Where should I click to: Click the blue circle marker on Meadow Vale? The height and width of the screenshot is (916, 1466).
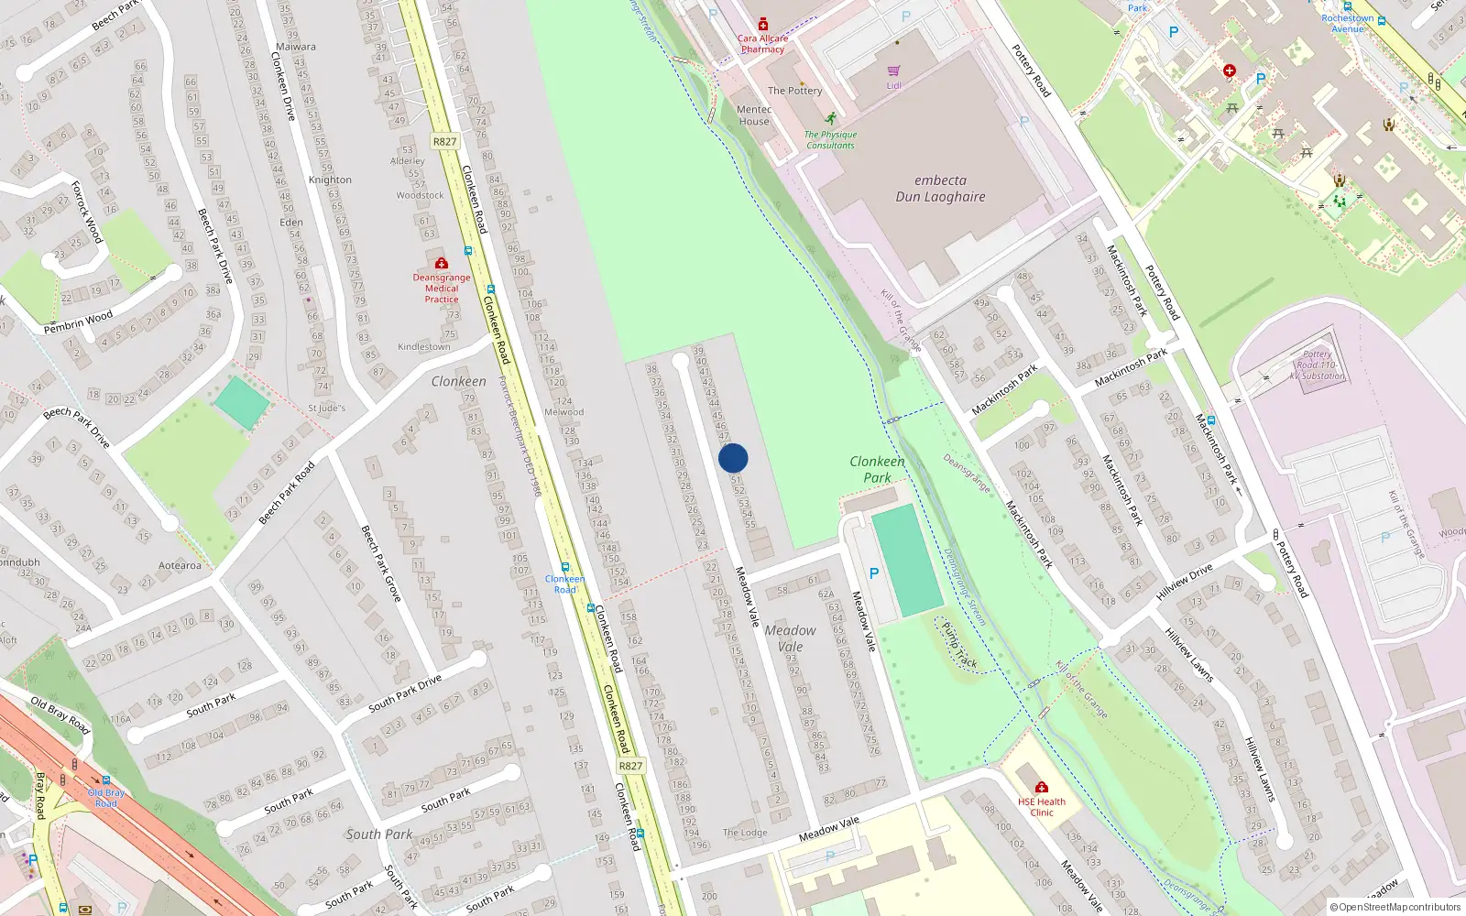tap(733, 458)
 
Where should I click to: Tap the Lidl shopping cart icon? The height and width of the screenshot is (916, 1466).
tap(893, 71)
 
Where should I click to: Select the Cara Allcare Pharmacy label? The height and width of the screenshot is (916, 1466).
tap(762, 44)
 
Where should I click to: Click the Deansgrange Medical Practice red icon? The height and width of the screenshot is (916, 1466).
tap(441, 263)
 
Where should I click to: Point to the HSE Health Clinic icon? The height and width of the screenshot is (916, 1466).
tap(1041, 787)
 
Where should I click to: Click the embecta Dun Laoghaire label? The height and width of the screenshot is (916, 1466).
tap(940, 189)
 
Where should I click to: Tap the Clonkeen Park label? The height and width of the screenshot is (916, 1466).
tap(877, 469)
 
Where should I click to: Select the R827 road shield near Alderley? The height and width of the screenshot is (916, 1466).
tap(444, 141)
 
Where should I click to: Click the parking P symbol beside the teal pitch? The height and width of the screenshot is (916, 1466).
tap(873, 573)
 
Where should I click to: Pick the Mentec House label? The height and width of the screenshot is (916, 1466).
tap(754, 115)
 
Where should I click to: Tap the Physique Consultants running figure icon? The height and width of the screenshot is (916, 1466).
tap(830, 119)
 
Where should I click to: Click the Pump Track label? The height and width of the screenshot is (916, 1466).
tap(959, 646)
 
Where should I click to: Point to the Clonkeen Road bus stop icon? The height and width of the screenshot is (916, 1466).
tap(564, 568)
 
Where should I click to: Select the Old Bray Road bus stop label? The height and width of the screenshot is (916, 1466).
tap(106, 798)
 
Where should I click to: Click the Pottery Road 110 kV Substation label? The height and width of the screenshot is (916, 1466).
tap(1318, 365)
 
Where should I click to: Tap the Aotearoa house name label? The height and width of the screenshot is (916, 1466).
tap(180, 565)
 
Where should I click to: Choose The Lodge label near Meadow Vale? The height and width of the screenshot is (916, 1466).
tap(745, 833)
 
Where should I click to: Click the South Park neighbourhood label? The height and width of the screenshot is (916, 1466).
tap(378, 834)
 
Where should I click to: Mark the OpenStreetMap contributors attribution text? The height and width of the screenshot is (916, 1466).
tap(1395, 907)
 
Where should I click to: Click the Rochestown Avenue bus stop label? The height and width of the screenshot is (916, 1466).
tap(1347, 24)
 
